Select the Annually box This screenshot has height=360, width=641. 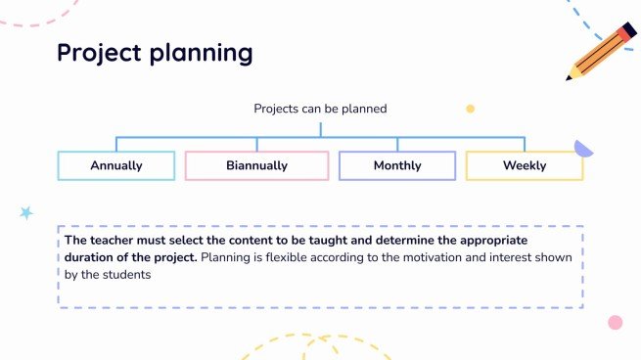click(x=116, y=165)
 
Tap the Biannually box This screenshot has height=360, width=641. click(x=256, y=165)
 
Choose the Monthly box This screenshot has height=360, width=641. click(x=396, y=165)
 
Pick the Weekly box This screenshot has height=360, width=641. click(x=525, y=165)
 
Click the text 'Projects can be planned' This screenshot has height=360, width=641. click(x=320, y=109)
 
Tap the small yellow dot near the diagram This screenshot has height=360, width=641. click(x=470, y=109)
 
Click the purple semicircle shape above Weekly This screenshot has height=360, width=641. click(x=583, y=149)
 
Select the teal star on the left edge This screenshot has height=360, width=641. click(x=26, y=212)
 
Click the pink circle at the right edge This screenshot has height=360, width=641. click(x=615, y=322)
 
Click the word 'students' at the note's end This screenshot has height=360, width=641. click(x=126, y=275)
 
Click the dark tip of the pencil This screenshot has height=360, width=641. click(x=571, y=75)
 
